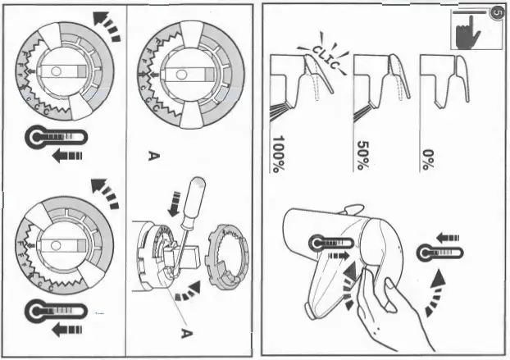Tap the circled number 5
pos(494,13)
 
